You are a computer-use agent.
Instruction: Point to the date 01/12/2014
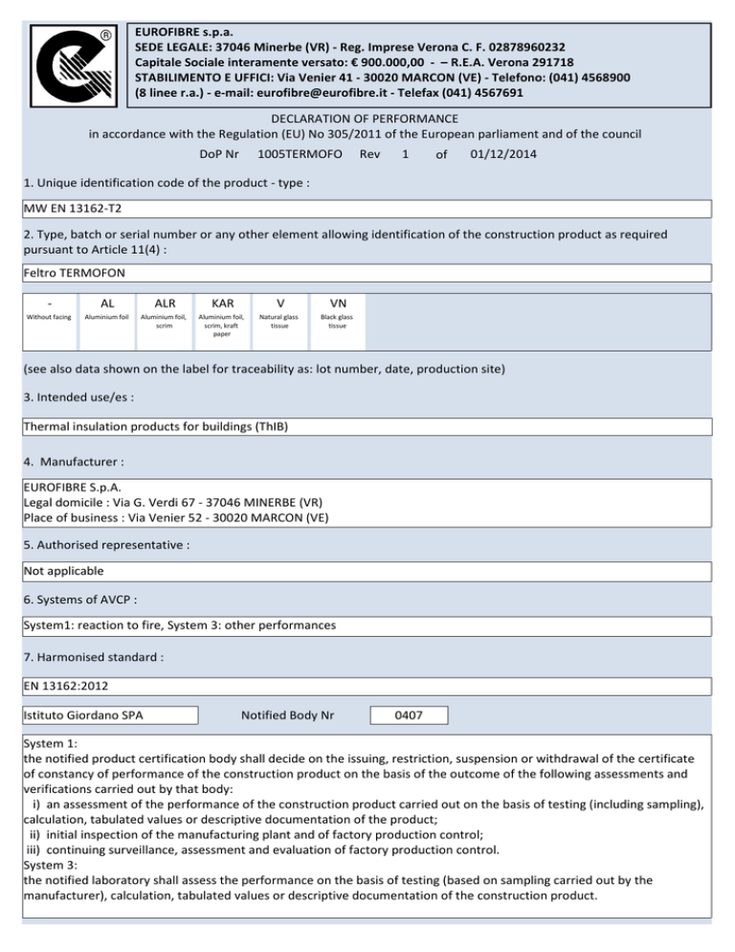(504, 153)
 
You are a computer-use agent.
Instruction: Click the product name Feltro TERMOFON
(70, 274)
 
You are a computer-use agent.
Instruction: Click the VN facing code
(337, 300)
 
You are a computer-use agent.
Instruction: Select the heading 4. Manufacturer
(74, 462)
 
